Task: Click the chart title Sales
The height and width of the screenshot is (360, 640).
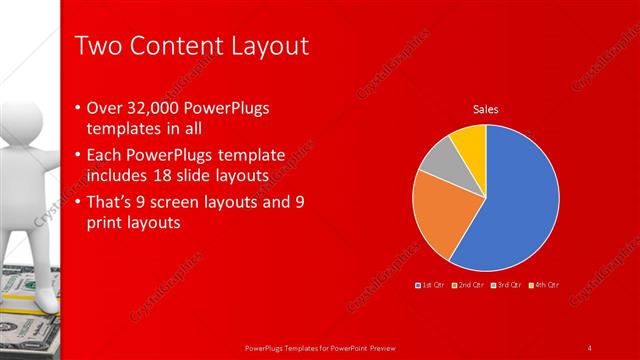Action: click(x=485, y=109)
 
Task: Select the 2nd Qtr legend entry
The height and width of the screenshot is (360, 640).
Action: click(x=470, y=285)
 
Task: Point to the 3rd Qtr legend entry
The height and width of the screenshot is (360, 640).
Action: click(x=509, y=285)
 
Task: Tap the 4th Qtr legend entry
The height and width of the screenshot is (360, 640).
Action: click(x=546, y=285)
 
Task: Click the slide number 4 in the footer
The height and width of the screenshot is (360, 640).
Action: click(x=590, y=347)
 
